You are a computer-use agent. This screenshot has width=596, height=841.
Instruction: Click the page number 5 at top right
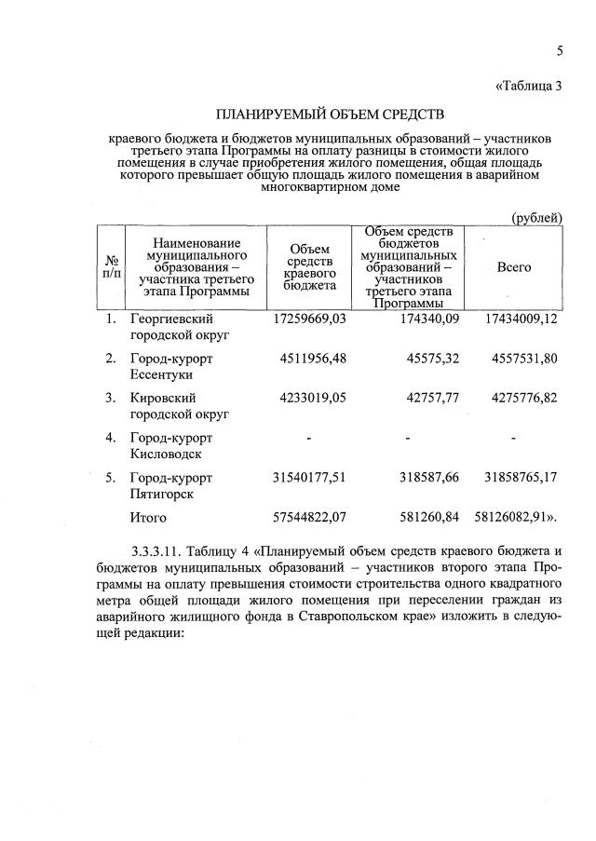point(561,49)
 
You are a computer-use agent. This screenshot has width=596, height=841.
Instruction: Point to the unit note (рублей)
point(536,217)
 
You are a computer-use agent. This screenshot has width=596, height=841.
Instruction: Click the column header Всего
point(514,267)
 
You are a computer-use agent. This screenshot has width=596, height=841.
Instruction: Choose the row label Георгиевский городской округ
point(179,327)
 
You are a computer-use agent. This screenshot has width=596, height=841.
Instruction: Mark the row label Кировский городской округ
point(179,406)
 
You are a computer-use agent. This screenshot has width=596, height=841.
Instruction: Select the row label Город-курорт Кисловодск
point(171,446)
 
